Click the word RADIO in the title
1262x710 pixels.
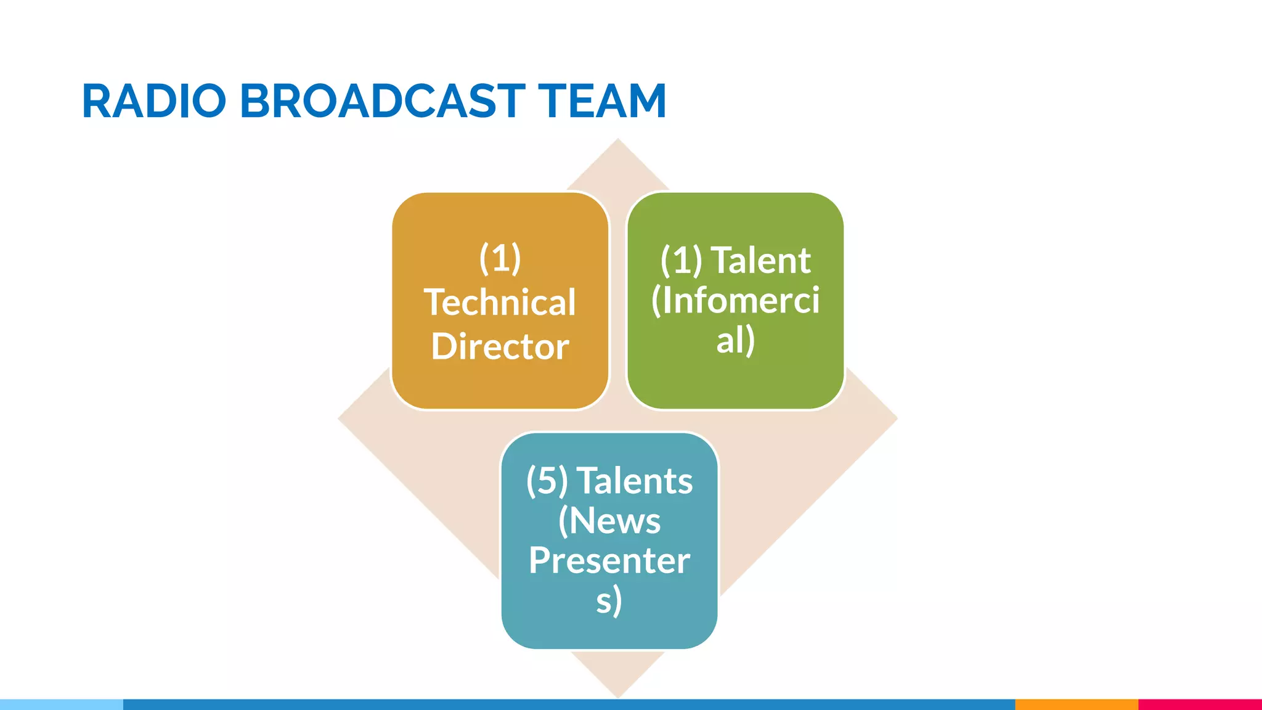[154, 101]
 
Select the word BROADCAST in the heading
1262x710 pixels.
[382, 101]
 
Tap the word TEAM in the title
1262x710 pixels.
[602, 101]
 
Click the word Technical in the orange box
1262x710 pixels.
[500, 303]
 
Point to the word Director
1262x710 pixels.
[500, 346]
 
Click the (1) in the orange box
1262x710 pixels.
[500, 258]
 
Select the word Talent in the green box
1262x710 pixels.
[761, 260]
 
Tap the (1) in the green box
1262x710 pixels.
[681, 260]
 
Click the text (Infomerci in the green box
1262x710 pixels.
[735, 300]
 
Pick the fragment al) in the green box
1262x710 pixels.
[735, 340]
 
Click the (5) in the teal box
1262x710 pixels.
[547, 481]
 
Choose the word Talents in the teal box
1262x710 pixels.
[635, 481]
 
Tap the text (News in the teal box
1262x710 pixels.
[609, 521]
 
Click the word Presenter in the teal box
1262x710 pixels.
[609, 560]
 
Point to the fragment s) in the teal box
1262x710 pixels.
[609, 600]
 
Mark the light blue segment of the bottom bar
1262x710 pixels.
[62, 704]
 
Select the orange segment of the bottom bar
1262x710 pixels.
[1077, 704]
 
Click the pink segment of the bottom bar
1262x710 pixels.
[1200, 704]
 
